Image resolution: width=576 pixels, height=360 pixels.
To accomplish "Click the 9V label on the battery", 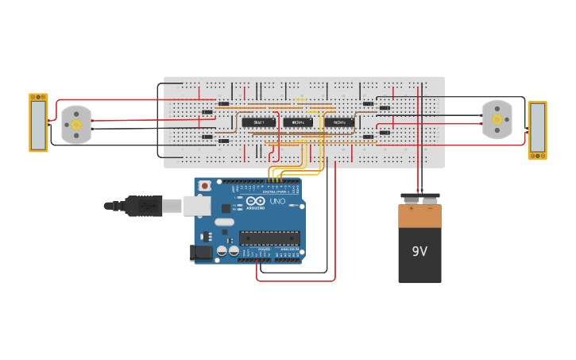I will coord(419,251).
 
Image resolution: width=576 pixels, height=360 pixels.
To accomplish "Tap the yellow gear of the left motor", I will coord(76,125).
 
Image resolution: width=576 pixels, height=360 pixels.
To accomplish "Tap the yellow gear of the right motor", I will coord(498,119).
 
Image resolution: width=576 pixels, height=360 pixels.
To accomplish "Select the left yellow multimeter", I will coord(38,122).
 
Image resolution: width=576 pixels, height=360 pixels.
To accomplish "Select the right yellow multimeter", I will coord(537,130).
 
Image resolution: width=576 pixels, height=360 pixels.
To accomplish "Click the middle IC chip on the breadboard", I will coord(298,122).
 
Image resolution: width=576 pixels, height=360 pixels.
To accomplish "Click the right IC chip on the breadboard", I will coord(339,122).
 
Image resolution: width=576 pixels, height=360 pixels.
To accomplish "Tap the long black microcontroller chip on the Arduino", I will coord(269,237).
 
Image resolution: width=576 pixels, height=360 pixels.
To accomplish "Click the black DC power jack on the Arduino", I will coord(202,253).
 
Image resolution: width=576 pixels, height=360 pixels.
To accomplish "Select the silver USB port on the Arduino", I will coord(199,206).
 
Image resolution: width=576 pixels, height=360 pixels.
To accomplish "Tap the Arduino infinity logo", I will coord(255,201).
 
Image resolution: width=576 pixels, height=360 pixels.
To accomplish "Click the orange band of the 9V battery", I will coord(419,217).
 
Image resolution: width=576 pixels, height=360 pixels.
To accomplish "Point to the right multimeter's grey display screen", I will coord(537,130).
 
